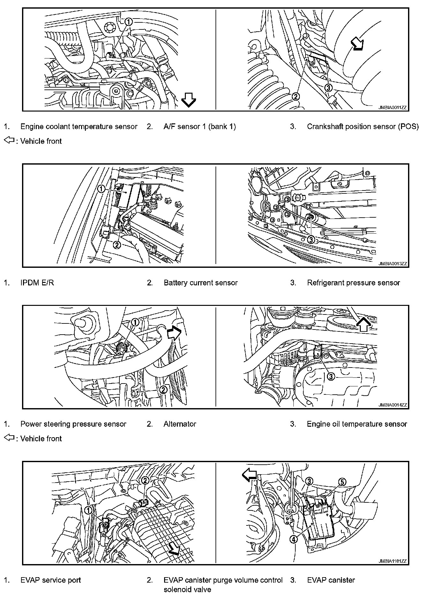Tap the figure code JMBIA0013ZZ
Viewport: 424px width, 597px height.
(393, 264)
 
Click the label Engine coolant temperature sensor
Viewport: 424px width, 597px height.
(79, 127)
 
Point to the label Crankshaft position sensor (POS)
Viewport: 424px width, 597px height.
(362, 127)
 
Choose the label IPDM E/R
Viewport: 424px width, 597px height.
(37, 283)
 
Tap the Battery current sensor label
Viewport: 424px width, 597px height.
(201, 283)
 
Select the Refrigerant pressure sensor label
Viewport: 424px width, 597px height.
(353, 283)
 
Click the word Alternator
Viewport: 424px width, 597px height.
(180, 424)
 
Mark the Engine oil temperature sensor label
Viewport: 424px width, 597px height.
(357, 424)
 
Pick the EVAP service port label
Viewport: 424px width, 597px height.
(50, 580)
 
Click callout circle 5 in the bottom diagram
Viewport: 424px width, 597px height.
(342, 482)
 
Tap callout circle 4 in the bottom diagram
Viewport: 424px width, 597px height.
(293, 539)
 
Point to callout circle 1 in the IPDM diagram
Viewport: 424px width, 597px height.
(101, 189)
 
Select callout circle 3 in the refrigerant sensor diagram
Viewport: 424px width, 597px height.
(311, 239)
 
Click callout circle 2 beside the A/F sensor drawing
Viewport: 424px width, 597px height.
(296, 96)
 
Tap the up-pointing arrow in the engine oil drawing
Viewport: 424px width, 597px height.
(364, 325)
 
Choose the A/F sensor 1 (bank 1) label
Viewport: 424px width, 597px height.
(200, 127)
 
